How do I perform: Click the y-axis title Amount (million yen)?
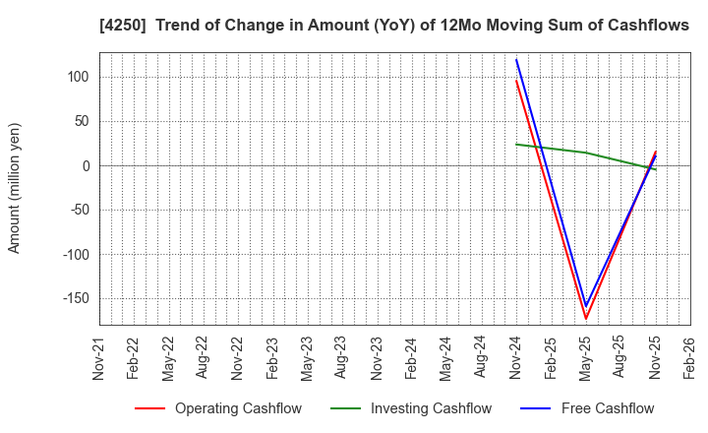[x=15, y=188]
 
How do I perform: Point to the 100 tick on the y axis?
[x=79, y=77]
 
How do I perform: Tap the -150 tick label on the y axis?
[x=73, y=298]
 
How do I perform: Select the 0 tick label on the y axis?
[x=87, y=165]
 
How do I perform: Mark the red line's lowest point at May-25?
[x=585, y=318]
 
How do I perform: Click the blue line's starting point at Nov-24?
[x=516, y=59]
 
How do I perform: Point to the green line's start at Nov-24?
[x=516, y=145]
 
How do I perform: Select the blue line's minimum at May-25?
[x=585, y=306]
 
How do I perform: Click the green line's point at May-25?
[x=585, y=153]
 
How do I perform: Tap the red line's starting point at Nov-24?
[x=516, y=81]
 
